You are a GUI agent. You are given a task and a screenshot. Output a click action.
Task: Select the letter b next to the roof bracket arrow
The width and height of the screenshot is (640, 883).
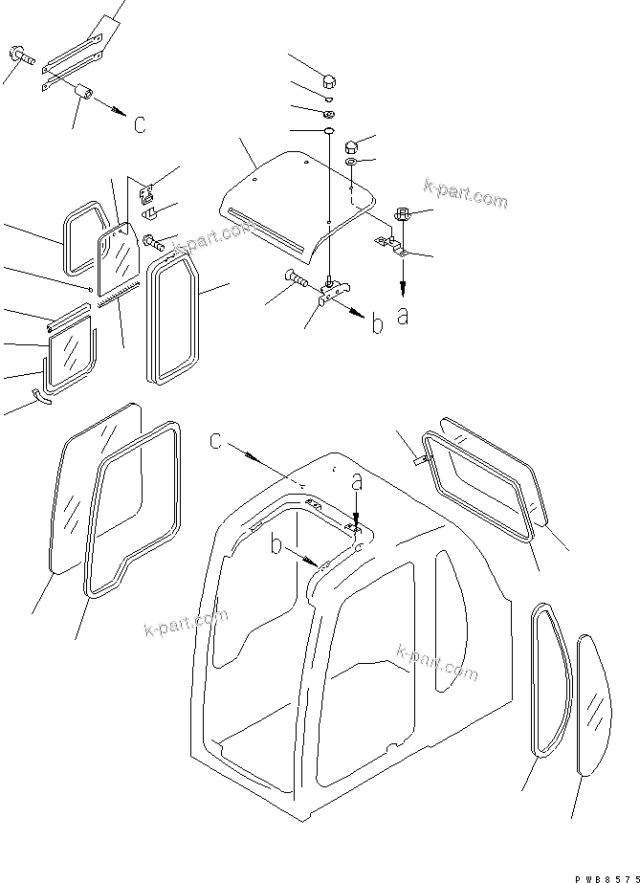[378, 324]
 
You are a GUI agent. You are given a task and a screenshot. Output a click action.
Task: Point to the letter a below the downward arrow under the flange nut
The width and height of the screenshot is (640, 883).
[403, 316]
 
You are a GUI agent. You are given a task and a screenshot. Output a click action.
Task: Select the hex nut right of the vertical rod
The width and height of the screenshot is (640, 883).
[350, 146]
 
